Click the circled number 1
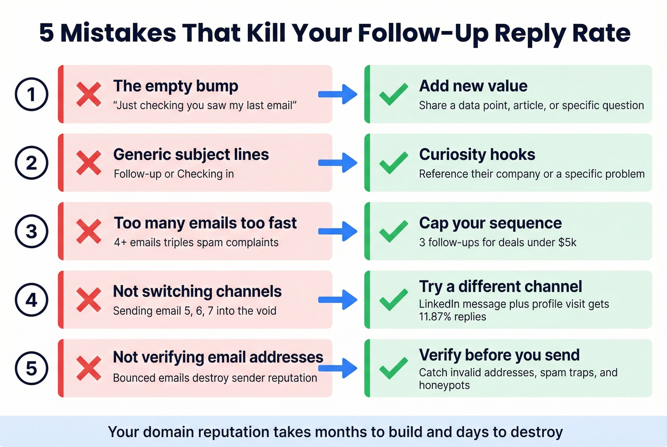click(31, 94)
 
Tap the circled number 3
click(31, 231)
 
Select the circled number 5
click(31, 368)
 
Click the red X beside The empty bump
click(89, 94)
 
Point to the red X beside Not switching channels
click(89, 300)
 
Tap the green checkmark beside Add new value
click(394, 94)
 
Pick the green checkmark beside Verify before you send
click(394, 368)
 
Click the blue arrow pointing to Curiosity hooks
click(338, 163)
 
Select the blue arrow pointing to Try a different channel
click(338, 300)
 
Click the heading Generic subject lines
click(191, 155)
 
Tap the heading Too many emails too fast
click(205, 223)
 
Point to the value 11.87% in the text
click(435, 317)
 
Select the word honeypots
click(444, 386)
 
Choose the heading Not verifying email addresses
click(218, 357)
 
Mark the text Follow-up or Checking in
click(174, 174)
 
